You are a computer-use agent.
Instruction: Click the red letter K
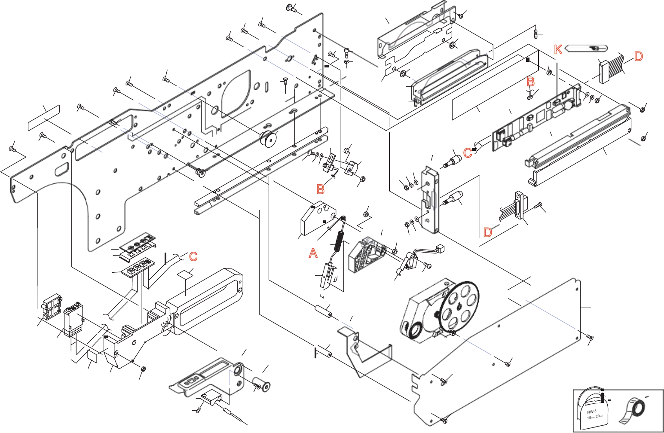point(558,49)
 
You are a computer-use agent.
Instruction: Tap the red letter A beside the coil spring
point(313,253)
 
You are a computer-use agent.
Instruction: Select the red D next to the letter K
point(638,56)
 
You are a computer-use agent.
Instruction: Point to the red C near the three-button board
point(193,256)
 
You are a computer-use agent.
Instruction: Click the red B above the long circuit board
point(531,81)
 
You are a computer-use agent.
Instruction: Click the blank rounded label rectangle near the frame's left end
point(44,117)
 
